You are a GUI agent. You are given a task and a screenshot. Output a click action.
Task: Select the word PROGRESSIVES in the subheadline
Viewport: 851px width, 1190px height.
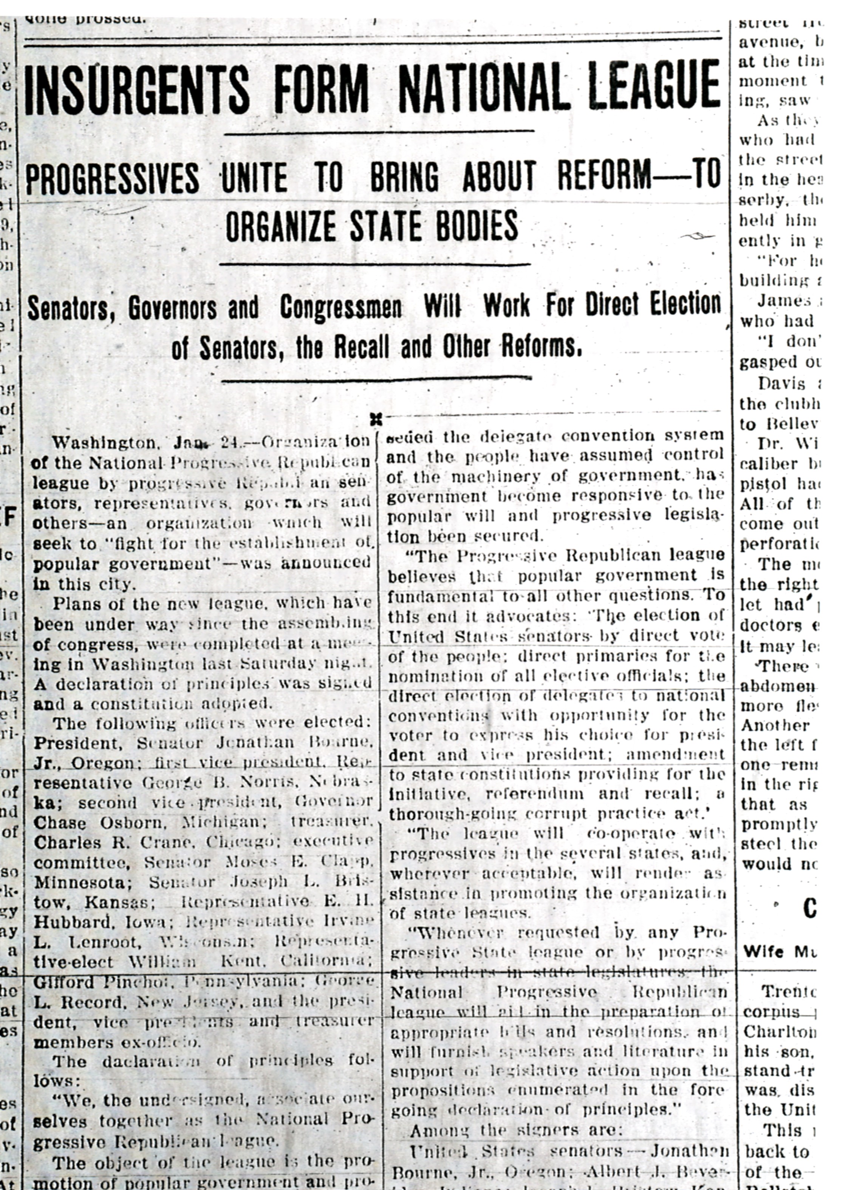(113, 178)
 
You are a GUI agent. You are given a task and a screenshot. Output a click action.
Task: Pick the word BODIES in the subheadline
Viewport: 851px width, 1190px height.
(473, 226)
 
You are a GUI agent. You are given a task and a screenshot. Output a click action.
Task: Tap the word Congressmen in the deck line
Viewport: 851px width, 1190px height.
(340, 308)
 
